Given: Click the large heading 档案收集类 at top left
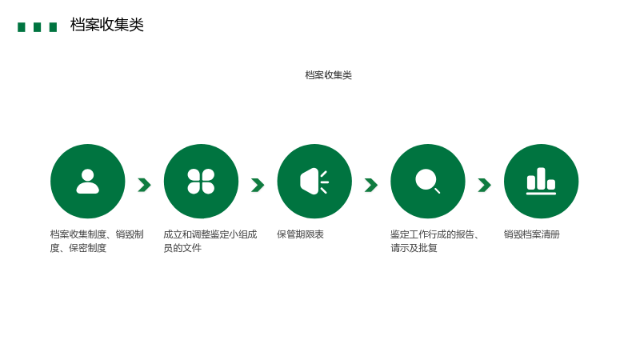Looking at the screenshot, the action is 107,25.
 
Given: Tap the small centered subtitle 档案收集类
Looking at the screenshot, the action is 329,75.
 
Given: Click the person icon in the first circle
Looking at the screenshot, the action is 88,182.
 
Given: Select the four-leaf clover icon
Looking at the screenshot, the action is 201,182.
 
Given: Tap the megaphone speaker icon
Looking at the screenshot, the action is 314,182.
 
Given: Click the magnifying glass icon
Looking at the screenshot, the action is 427,181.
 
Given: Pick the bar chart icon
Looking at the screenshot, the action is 541,182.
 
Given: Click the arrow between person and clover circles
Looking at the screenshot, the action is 145,185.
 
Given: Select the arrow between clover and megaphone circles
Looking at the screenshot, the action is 258,185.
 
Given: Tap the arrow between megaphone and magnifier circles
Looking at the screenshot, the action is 371,185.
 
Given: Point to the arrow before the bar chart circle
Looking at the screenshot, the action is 485,185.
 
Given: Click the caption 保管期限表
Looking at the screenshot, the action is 301,234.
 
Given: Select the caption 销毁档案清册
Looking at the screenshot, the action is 532,234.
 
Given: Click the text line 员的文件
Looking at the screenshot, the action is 182,248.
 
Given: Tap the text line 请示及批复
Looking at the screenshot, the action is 414,248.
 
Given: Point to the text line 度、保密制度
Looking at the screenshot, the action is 78,248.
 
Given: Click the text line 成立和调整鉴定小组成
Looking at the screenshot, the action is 210,234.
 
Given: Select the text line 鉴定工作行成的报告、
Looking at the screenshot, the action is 434,234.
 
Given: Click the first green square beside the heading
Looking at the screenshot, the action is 22,27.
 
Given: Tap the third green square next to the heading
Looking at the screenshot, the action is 53,27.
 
